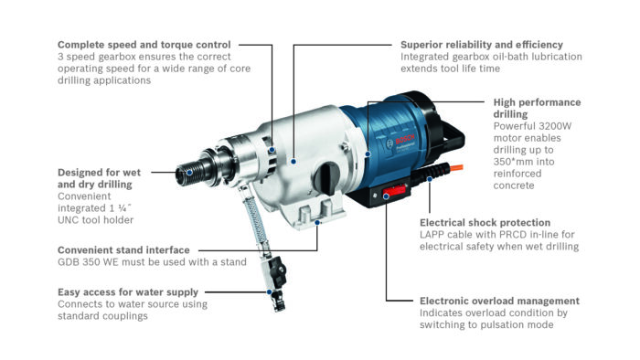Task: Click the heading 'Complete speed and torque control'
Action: point(144,44)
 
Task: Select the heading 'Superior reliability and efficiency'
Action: point(481,44)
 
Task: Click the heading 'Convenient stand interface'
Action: point(123,249)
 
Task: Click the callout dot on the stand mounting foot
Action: point(317,220)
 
